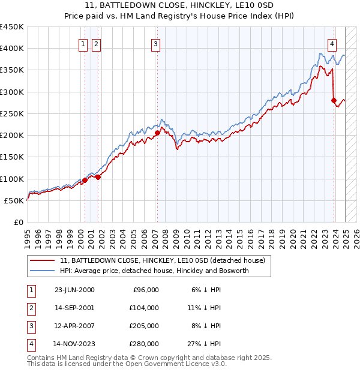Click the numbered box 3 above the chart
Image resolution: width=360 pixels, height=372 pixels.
[155, 43]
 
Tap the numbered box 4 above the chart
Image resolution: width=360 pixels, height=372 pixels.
[332, 43]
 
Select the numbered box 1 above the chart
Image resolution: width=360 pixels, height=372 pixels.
[83, 43]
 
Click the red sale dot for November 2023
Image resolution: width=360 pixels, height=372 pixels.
[334, 101]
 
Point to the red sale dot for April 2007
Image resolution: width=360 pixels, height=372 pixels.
[157, 133]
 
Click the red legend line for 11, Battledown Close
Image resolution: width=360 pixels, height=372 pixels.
[43, 261]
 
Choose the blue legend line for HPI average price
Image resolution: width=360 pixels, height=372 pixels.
[43, 271]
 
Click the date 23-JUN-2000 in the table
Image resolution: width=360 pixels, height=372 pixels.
[74, 290]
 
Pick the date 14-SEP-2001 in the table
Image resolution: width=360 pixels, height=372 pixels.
[74, 308]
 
